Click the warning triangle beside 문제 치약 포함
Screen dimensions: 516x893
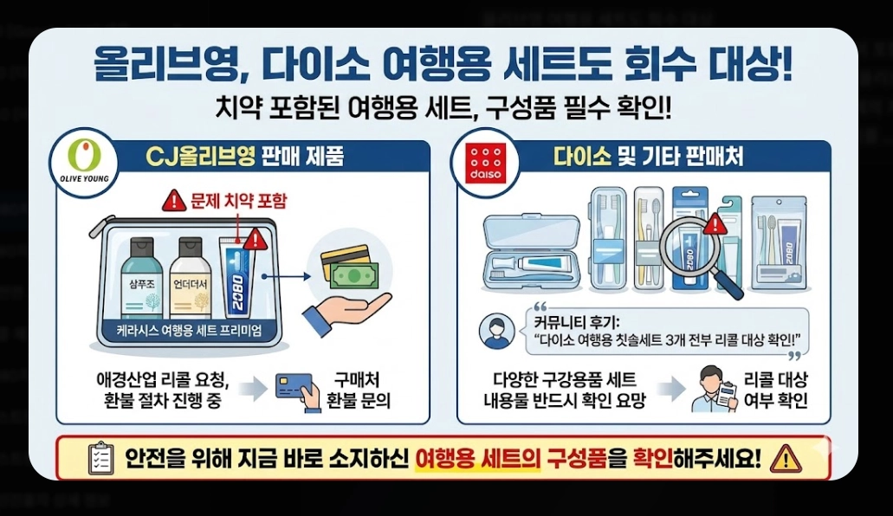(x=175, y=202)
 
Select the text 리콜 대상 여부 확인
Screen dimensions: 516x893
(x=776, y=390)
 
